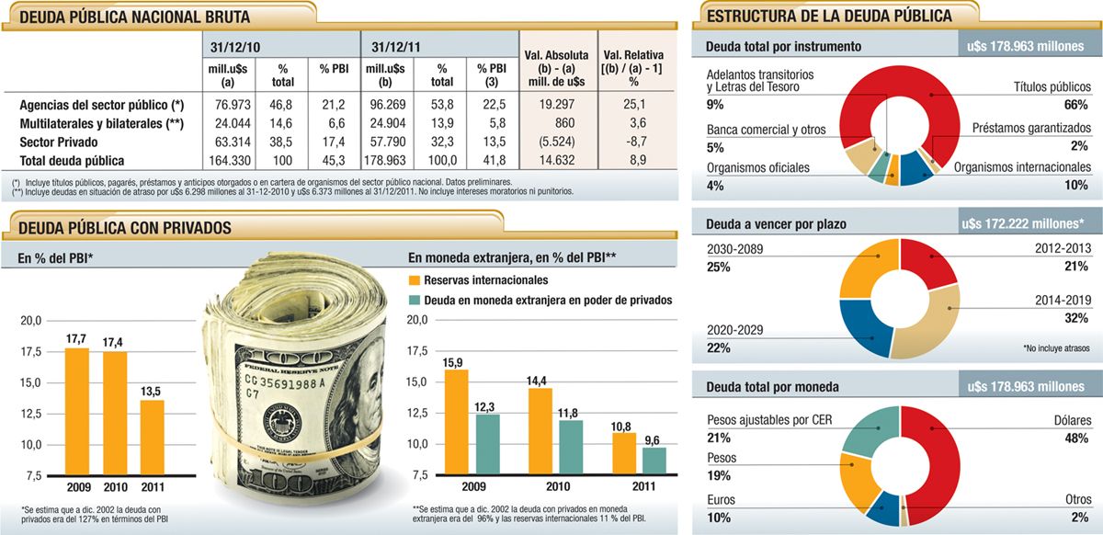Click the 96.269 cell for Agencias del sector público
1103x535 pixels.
click(x=387, y=104)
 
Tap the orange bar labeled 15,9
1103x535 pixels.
click(x=457, y=422)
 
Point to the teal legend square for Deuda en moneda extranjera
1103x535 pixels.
click(x=415, y=300)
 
